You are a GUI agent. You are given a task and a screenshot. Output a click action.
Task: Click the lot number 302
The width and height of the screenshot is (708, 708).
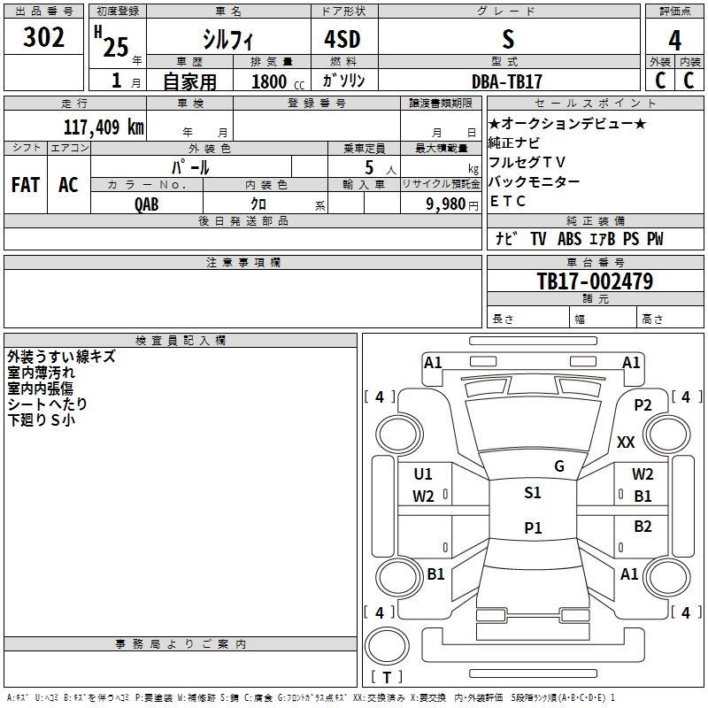click(45, 38)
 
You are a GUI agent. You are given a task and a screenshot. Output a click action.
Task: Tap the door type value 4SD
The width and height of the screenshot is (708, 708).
click(344, 40)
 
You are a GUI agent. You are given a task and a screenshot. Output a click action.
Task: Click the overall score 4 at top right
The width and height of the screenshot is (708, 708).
click(674, 40)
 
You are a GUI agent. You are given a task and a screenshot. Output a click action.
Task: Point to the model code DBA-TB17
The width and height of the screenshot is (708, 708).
click(506, 81)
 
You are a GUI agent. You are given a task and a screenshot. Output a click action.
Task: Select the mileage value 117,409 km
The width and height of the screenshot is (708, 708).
click(104, 127)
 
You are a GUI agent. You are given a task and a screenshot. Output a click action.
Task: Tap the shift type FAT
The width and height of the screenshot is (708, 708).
click(26, 185)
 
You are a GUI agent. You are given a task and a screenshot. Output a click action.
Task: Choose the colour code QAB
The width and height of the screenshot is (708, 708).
click(147, 204)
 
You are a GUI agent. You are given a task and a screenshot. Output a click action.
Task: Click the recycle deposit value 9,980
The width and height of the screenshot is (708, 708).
click(445, 204)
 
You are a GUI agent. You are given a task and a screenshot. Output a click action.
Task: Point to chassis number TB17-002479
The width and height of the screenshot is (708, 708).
click(595, 282)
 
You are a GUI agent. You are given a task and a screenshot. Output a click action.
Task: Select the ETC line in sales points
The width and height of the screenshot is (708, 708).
click(508, 201)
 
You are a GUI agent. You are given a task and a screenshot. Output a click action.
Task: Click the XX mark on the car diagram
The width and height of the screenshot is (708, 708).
click(626, 442)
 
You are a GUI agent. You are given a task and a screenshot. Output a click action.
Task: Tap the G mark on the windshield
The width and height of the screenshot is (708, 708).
click(558, 466)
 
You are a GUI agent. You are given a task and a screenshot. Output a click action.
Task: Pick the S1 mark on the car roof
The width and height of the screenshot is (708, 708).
click(533, 493)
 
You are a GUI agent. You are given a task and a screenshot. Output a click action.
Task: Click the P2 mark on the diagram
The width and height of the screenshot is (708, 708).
click(643, 404)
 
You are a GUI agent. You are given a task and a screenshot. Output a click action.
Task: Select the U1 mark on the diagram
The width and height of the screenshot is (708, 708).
click(423, 473)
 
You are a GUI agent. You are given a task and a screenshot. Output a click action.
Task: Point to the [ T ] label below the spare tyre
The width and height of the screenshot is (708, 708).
click(387, 677)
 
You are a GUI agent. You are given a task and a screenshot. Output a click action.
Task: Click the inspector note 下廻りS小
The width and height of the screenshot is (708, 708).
click(41, 420)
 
